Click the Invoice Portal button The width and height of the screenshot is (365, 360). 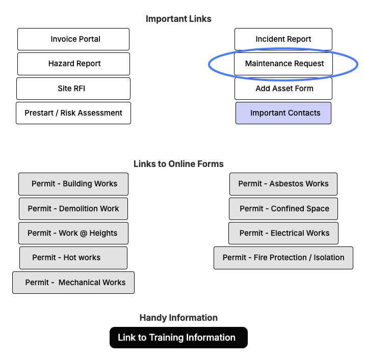[x=73, y=39]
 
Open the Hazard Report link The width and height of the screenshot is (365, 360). [x=73, y=64]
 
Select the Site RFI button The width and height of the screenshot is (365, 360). [x=73, y=89]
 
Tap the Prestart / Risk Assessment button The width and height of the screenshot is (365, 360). [x=73, y=113]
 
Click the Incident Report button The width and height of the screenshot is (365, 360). [x=283, y=39]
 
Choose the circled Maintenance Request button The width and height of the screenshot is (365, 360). [x=283, y=64]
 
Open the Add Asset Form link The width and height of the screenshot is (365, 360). [x=283, y=89]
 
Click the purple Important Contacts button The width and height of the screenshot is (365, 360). [x=283, y=113]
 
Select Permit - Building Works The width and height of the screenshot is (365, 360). [x=73, y=184]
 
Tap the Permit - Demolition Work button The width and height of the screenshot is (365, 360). [x=73, y=209]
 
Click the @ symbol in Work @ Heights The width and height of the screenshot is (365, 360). [x=83, y=233]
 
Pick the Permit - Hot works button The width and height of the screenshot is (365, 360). [x=73, y=258]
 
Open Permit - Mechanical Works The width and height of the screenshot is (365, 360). [x=73, y=283]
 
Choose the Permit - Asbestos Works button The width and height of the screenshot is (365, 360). [x=283, y=184]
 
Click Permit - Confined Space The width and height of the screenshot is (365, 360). [x=283, y=209]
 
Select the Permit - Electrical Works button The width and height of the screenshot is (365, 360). [x=283, y=233]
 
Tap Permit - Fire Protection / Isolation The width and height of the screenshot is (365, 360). [x=283, y=258]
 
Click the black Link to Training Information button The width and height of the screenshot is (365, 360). [x=178, y=338]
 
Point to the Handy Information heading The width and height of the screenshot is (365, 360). [x=178, y=318]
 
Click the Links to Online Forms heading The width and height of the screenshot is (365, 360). [x=178, y=164]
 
